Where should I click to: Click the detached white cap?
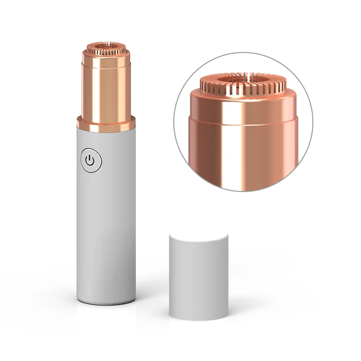pyautogui.click(x=198, y=279)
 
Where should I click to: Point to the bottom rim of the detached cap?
pyautogui.click(x=198, y=318)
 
